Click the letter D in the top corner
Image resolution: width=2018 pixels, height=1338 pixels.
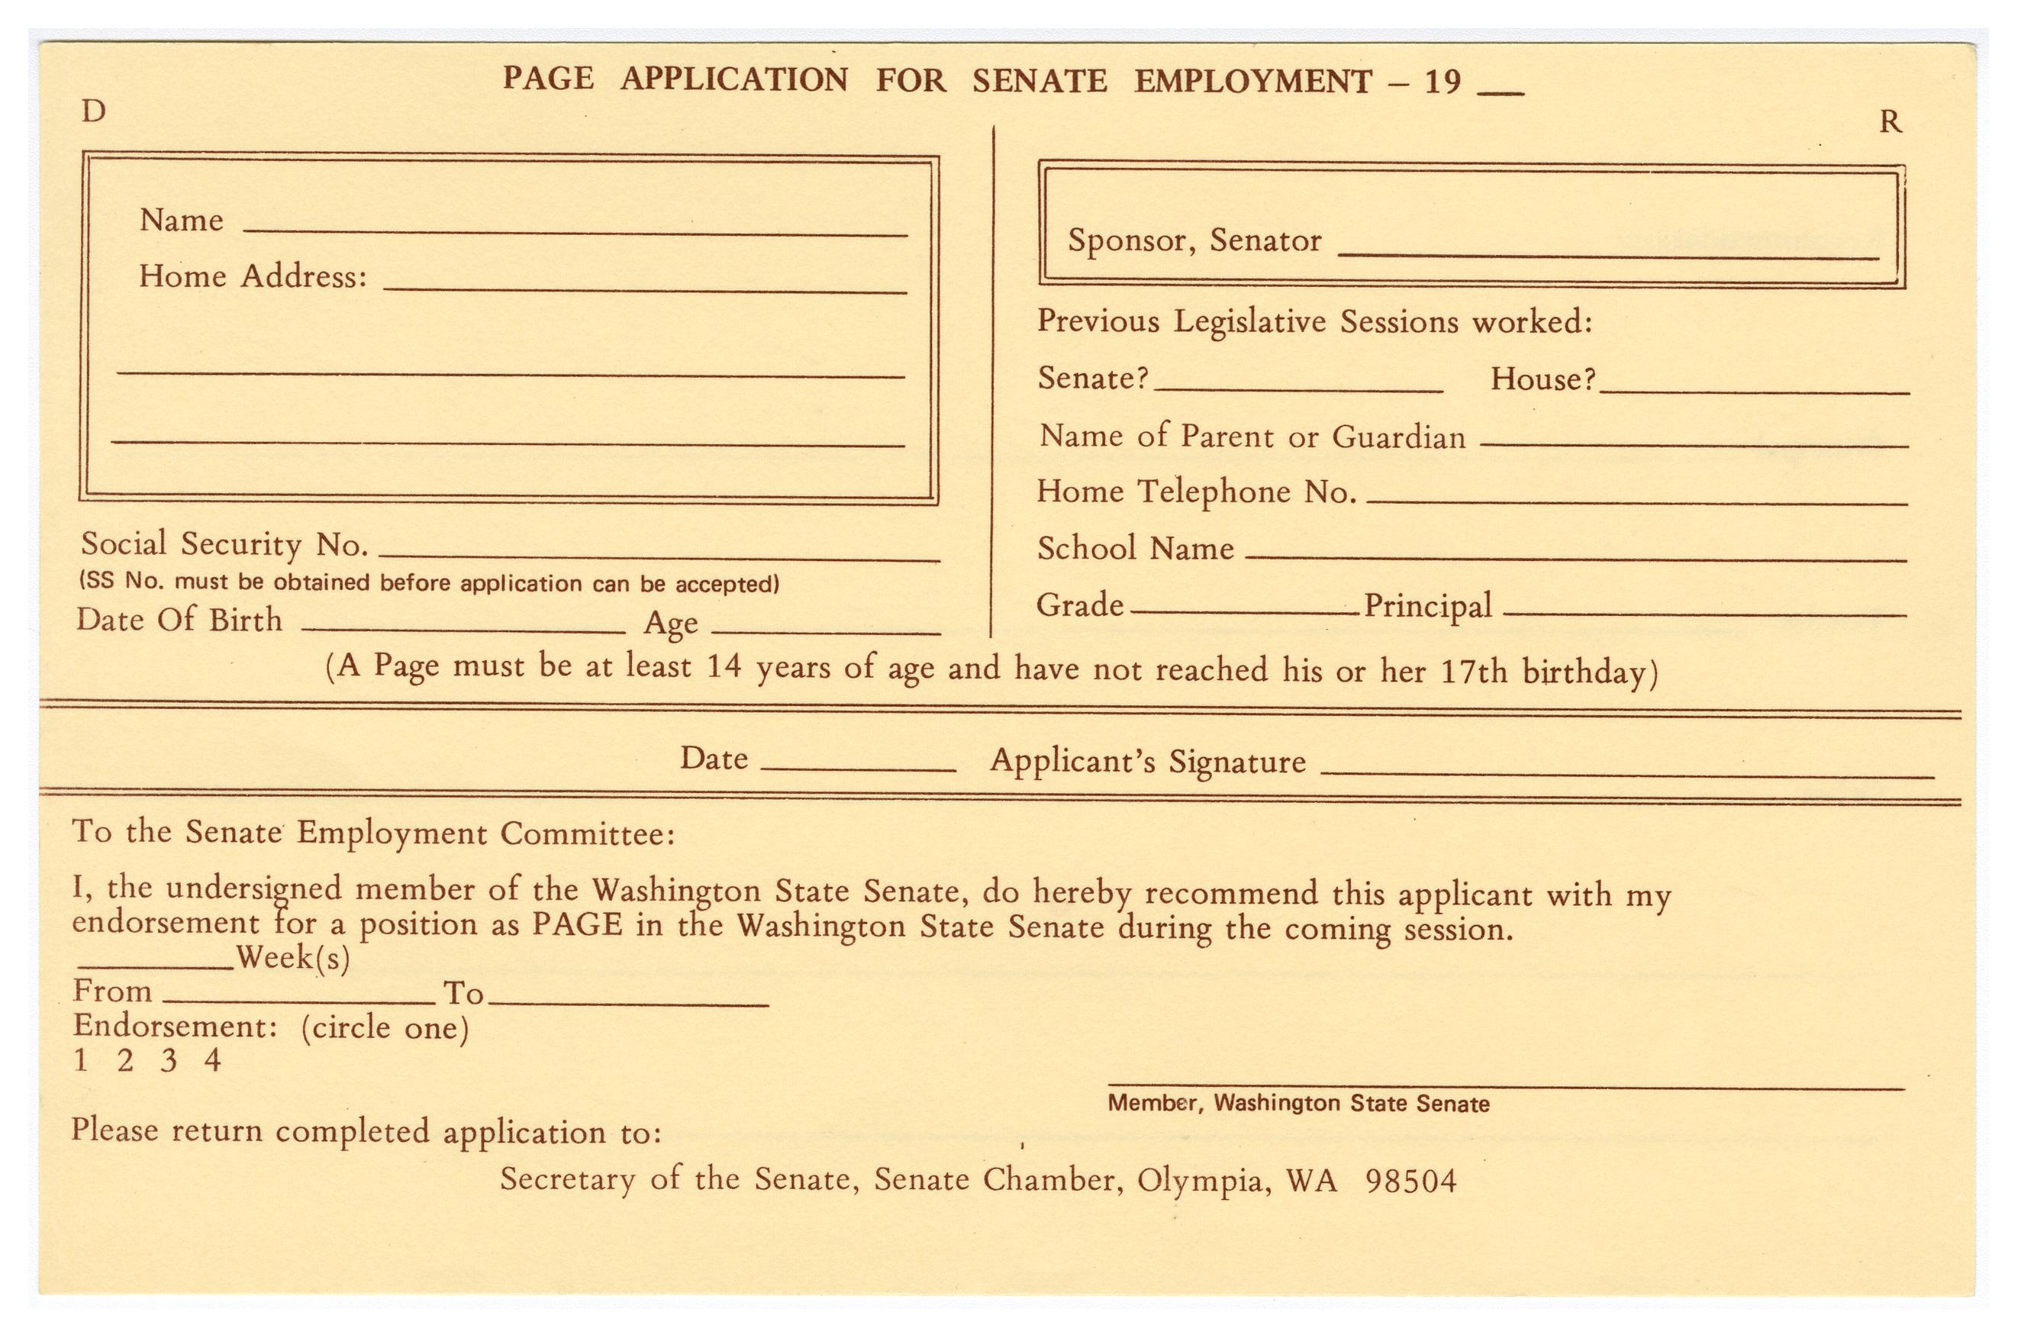coord(93,111)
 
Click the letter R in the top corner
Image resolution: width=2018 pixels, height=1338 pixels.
coord(1890,123)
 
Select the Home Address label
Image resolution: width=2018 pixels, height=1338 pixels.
coord(253,276)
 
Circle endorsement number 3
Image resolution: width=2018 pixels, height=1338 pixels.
coord(169,1061)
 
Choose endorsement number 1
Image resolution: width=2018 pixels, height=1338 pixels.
coord(81,1061)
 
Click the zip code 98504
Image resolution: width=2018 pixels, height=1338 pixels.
coord(1410,1181)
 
